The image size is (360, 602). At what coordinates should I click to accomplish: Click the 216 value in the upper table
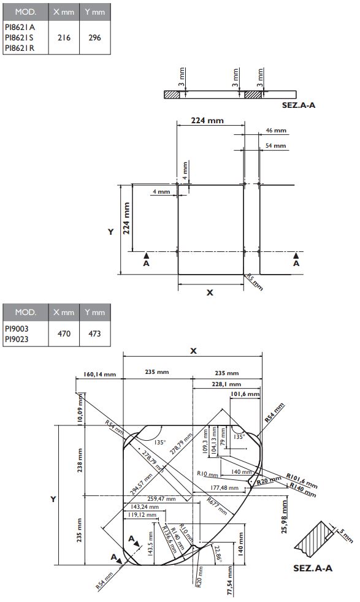[x=64, y=37]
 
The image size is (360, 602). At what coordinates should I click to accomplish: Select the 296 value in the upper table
[x=94, y=37]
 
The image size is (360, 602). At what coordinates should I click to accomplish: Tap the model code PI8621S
[x=19, y=37]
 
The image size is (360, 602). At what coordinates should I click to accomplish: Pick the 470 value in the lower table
[x=64, y=334]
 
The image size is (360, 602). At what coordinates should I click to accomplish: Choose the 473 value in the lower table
[x=94, y=334]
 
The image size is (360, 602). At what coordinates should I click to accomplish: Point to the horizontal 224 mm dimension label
[x=207, y=121]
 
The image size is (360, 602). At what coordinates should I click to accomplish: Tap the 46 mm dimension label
[x=276, y=131]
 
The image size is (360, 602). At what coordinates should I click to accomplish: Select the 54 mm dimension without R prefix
[x=276, y=145]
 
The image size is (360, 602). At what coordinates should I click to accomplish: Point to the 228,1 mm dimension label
[x=210, y=384]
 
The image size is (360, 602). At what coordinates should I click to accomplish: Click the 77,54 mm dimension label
[x=229, y=584]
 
